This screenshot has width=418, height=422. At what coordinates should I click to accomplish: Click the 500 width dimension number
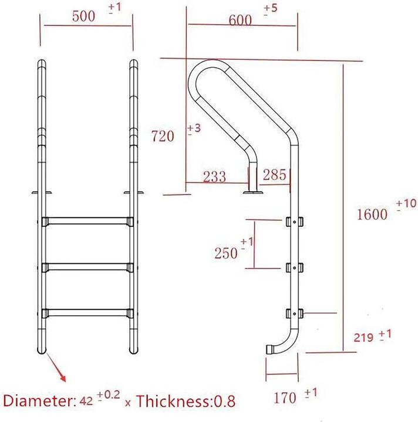click(83, 16)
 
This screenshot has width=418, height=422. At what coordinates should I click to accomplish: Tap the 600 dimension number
click(240, 20)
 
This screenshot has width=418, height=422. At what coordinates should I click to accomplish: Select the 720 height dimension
click(163, 136)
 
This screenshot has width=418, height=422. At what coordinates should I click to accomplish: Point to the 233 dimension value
click(214, 177)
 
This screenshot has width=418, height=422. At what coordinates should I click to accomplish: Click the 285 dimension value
click(274, 175)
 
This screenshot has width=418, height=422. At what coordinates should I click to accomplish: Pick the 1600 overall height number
click(372, 215)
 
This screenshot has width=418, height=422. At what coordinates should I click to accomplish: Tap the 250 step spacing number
click(226, 253)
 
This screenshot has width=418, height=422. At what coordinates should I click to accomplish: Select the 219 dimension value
click(363, 338)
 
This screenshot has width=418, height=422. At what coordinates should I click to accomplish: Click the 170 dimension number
click(285, 398)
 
